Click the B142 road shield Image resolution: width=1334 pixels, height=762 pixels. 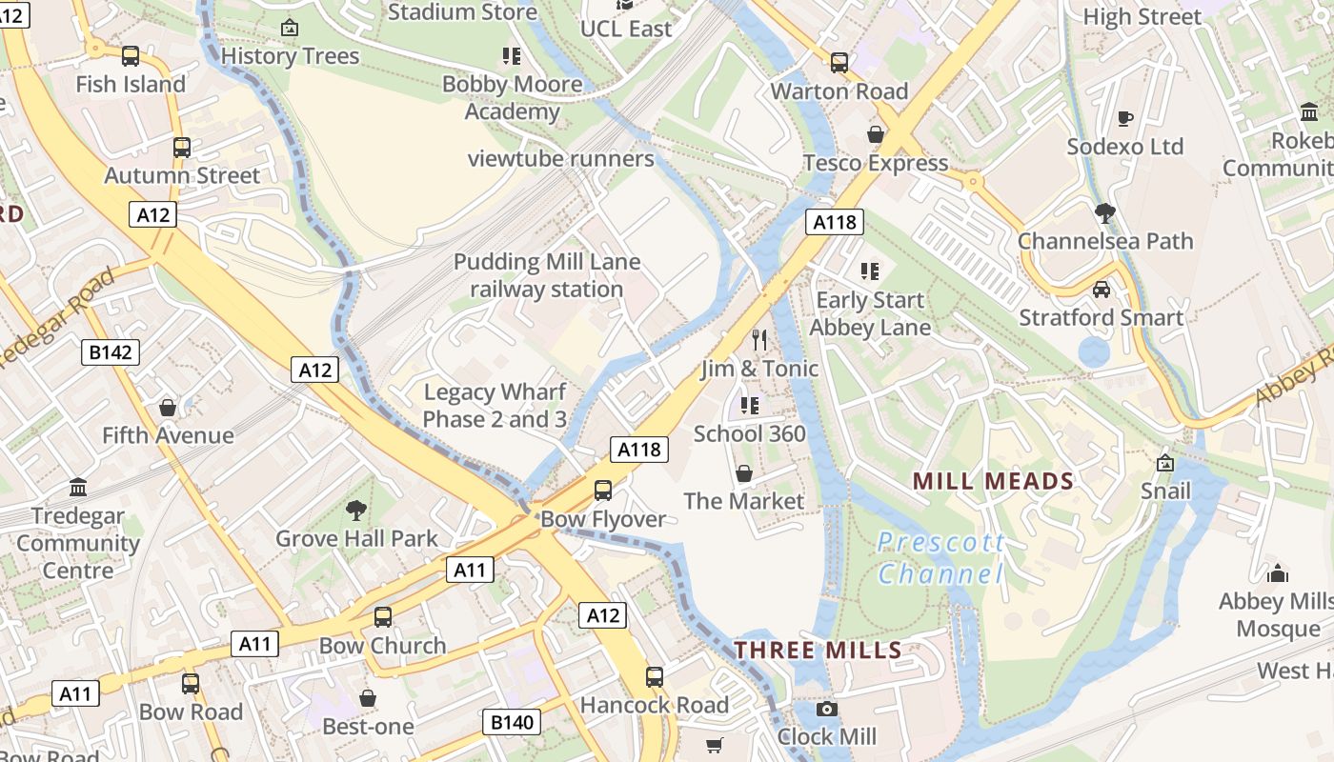pos(111,352)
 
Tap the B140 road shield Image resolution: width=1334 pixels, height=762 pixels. pos(512,722)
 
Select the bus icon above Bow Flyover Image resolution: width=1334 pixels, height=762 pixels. pos(603,491)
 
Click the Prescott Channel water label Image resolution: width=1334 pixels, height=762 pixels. pos(940,558)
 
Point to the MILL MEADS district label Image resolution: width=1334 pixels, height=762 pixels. pos(993,481)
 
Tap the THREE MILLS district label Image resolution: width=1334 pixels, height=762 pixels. pos(818,651)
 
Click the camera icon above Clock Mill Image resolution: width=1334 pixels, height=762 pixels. pos(827,709)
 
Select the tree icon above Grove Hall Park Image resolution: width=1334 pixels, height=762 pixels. pos(356,511)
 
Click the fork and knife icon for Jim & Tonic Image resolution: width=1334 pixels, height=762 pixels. pos(759,340)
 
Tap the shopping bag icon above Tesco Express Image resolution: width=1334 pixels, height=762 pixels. pos(875,134)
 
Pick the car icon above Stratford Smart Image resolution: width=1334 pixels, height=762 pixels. pos(1102,290)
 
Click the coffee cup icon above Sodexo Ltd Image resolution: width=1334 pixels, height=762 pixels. pos(1125,119)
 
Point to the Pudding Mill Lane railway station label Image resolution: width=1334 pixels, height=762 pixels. pos(547,275)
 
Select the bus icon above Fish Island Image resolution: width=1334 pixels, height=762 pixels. pos(131,56)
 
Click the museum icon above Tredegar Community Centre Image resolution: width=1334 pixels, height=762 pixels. pos(78,488)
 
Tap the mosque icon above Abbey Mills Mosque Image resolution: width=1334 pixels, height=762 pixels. pos(1278,573)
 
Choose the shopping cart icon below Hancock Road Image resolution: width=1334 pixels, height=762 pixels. pos(715,745)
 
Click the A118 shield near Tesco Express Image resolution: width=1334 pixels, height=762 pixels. pos(835,222)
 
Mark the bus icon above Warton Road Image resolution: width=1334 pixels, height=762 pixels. pos(839,63)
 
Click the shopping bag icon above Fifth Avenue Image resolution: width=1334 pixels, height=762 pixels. pos(168,408)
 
